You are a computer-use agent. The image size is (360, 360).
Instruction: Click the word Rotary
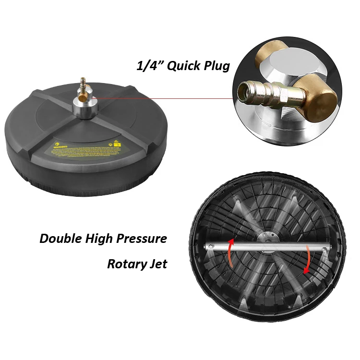[126, 264]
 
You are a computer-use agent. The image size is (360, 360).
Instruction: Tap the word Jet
[157, 264]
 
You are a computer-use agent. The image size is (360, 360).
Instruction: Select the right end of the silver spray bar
[328, 248]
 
